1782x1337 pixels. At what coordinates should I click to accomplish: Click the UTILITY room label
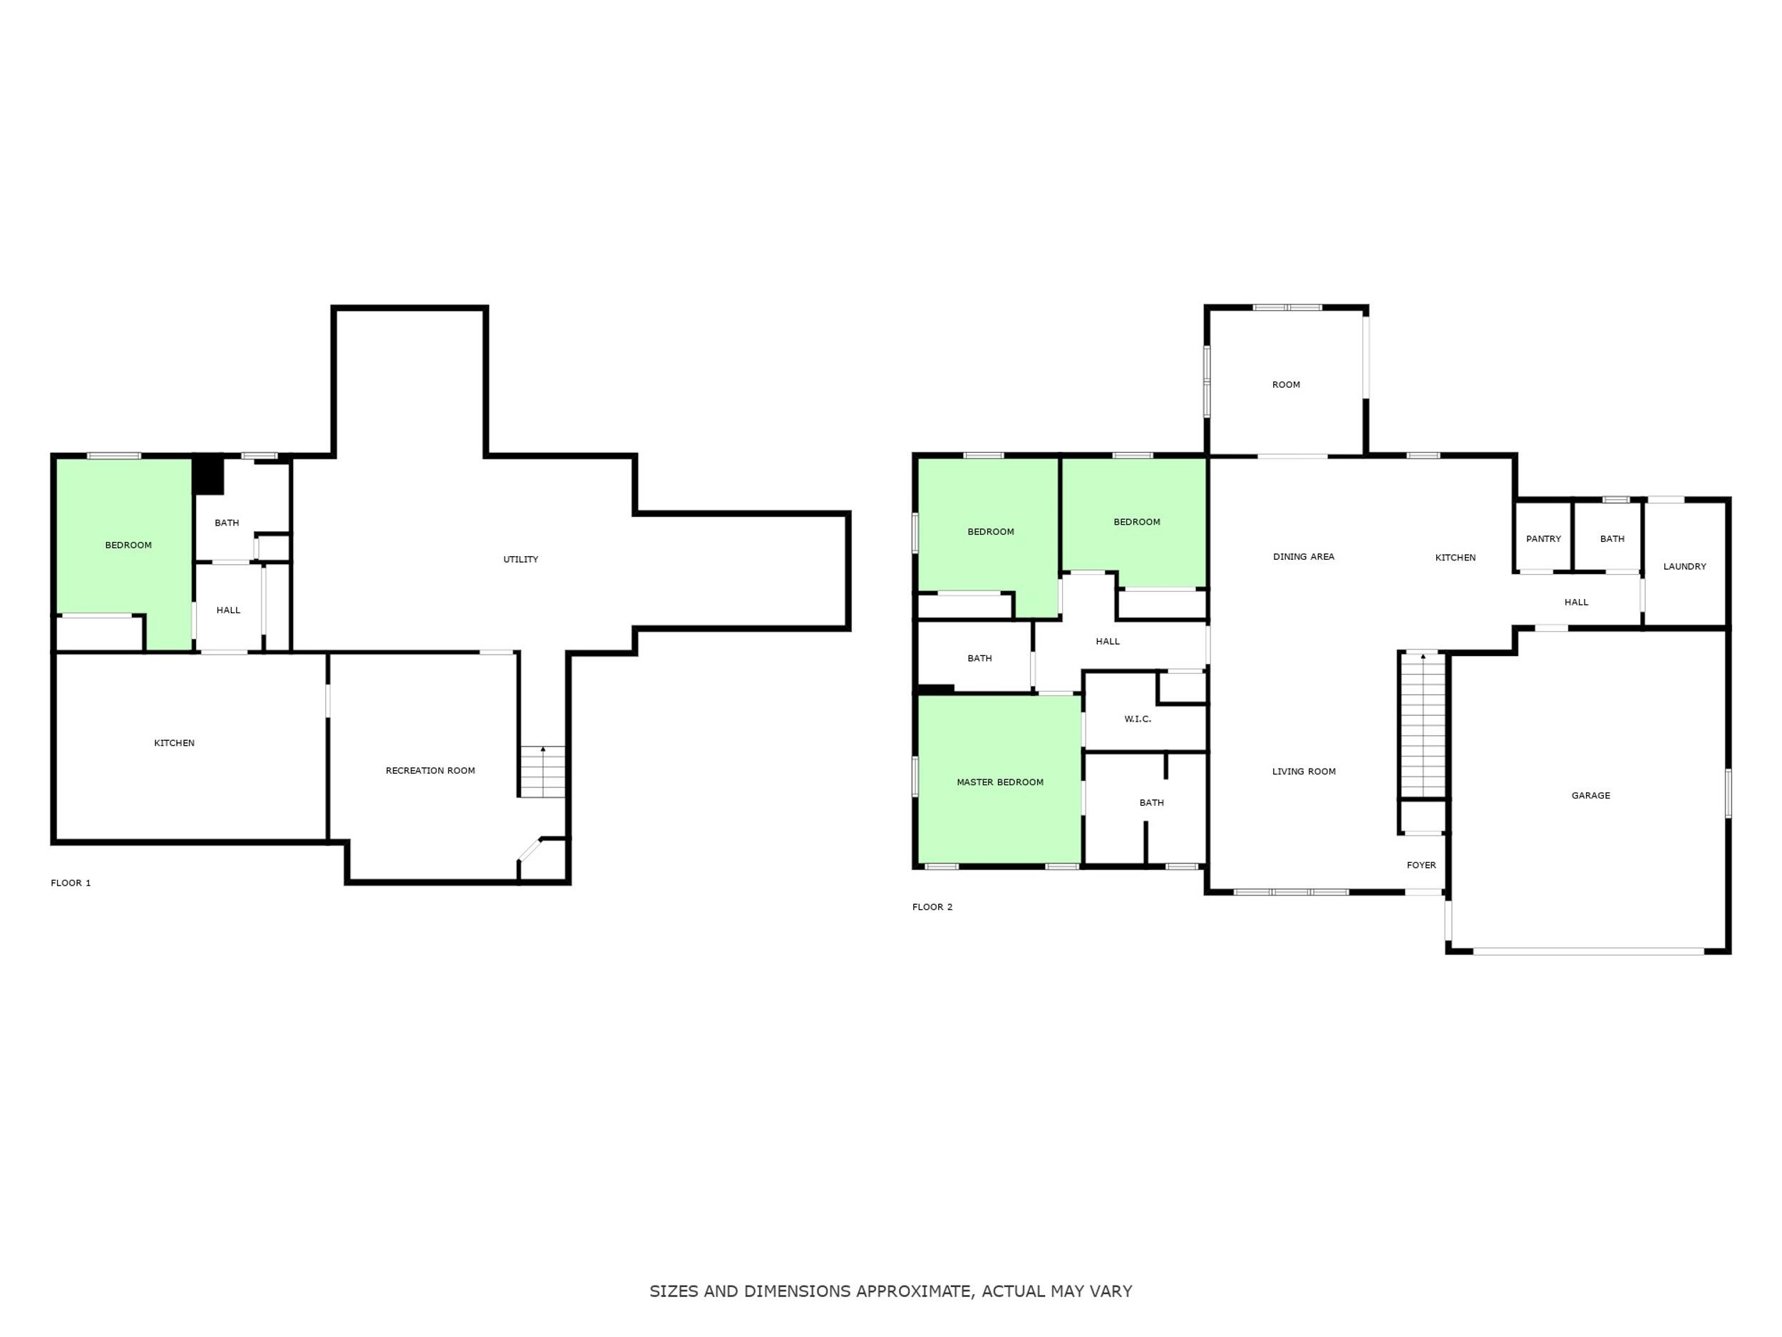(520, 559)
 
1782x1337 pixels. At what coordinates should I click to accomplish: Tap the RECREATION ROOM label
(431, 770)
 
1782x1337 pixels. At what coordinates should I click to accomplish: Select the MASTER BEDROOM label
(1000, 782)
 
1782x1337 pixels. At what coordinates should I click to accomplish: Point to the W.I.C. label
(1138, 719)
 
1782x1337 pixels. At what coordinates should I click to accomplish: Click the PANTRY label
(1543, 539)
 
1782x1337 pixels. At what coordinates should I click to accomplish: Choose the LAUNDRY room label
(1684, 567)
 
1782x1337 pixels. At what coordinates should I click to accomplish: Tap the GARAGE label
(1591, 796)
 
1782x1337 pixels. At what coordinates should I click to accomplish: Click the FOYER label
(1421, 865)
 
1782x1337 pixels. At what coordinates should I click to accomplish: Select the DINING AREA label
(1304, 557)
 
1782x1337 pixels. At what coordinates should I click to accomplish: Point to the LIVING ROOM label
(1304, 772)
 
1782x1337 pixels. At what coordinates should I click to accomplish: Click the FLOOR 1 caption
(71, 883)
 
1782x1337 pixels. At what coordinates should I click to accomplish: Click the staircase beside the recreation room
(542, 772)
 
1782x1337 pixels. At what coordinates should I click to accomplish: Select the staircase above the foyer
(1423, 724)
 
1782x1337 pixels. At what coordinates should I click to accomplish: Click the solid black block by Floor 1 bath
(209, 476)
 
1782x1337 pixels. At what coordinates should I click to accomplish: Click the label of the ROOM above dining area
(1286, 384)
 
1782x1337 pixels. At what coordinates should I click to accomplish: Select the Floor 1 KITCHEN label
(174, 743)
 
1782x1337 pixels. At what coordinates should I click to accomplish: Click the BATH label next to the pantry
(1612, 539)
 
